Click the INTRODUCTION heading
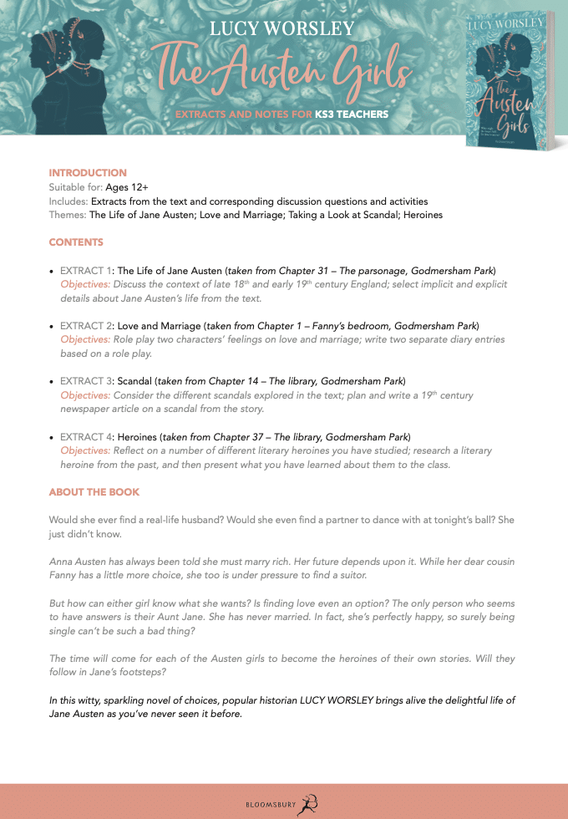88,173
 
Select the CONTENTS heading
76,242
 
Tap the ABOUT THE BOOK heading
94,492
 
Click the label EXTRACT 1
86,271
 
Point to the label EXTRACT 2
86,325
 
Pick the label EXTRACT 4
86,437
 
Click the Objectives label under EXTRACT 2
85,339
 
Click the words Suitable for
74,187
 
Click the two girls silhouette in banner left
63,71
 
